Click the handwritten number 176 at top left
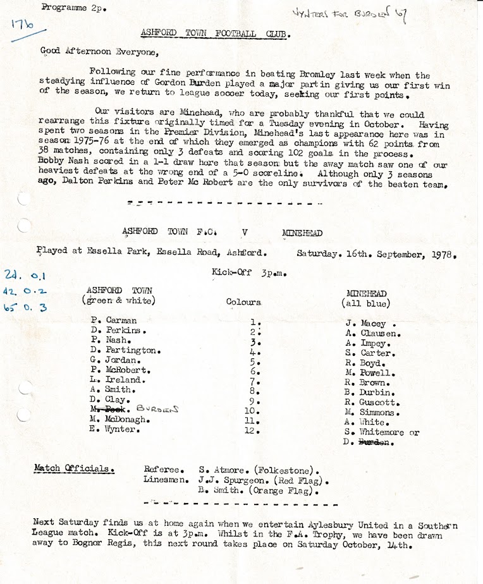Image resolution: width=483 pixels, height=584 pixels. pos(21,26)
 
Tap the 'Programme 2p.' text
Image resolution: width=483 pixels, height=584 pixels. pos(64,8)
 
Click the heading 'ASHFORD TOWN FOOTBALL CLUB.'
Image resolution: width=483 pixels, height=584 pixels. pos(216,35)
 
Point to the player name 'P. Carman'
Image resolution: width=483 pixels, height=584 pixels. pos(113,320)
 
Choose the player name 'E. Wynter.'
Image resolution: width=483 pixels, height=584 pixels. pos(114,429)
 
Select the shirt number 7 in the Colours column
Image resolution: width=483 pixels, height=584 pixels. pos(255,382)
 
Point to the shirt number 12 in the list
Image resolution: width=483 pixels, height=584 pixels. pos(253,430)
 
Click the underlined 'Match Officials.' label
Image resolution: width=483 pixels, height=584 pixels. pos(75,470)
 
